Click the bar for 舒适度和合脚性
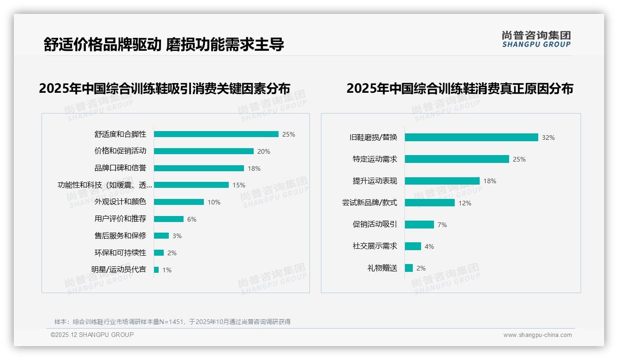click(x=216, y=134)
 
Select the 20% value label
click(x=264, y=151)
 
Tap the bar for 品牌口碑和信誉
click(x=199, y=168)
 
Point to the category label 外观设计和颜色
click(x=120, y=202)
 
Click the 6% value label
click(x=191, y=219)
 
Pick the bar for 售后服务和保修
click(x=161, y=236)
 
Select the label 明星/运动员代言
click(x=119, y=270)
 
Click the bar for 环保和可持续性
click(x=159, y=253)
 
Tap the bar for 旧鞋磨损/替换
click(x=471, y=138)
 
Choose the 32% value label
click(x=548, y=138)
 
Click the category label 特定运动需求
click(x=375, y=159)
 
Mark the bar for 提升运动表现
click(x=442, y=181)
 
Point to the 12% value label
click(x=465, y=203)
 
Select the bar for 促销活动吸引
click(x=419, y=225)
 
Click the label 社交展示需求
click(x=375, y=246)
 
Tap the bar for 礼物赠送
click(x=409, y=268)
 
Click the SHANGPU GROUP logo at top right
click(x=536, y=39)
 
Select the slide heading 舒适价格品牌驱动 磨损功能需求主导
click(x=164, y=44)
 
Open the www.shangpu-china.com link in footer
click(x=537, y=335)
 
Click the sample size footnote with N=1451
click(x=172, y=322)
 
